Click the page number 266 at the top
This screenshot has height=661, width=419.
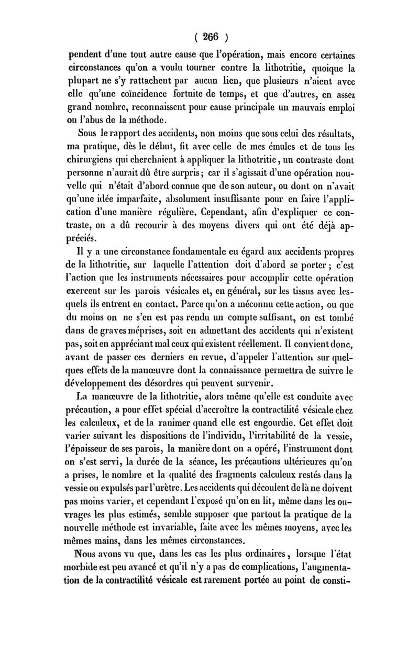pos(210,37)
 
